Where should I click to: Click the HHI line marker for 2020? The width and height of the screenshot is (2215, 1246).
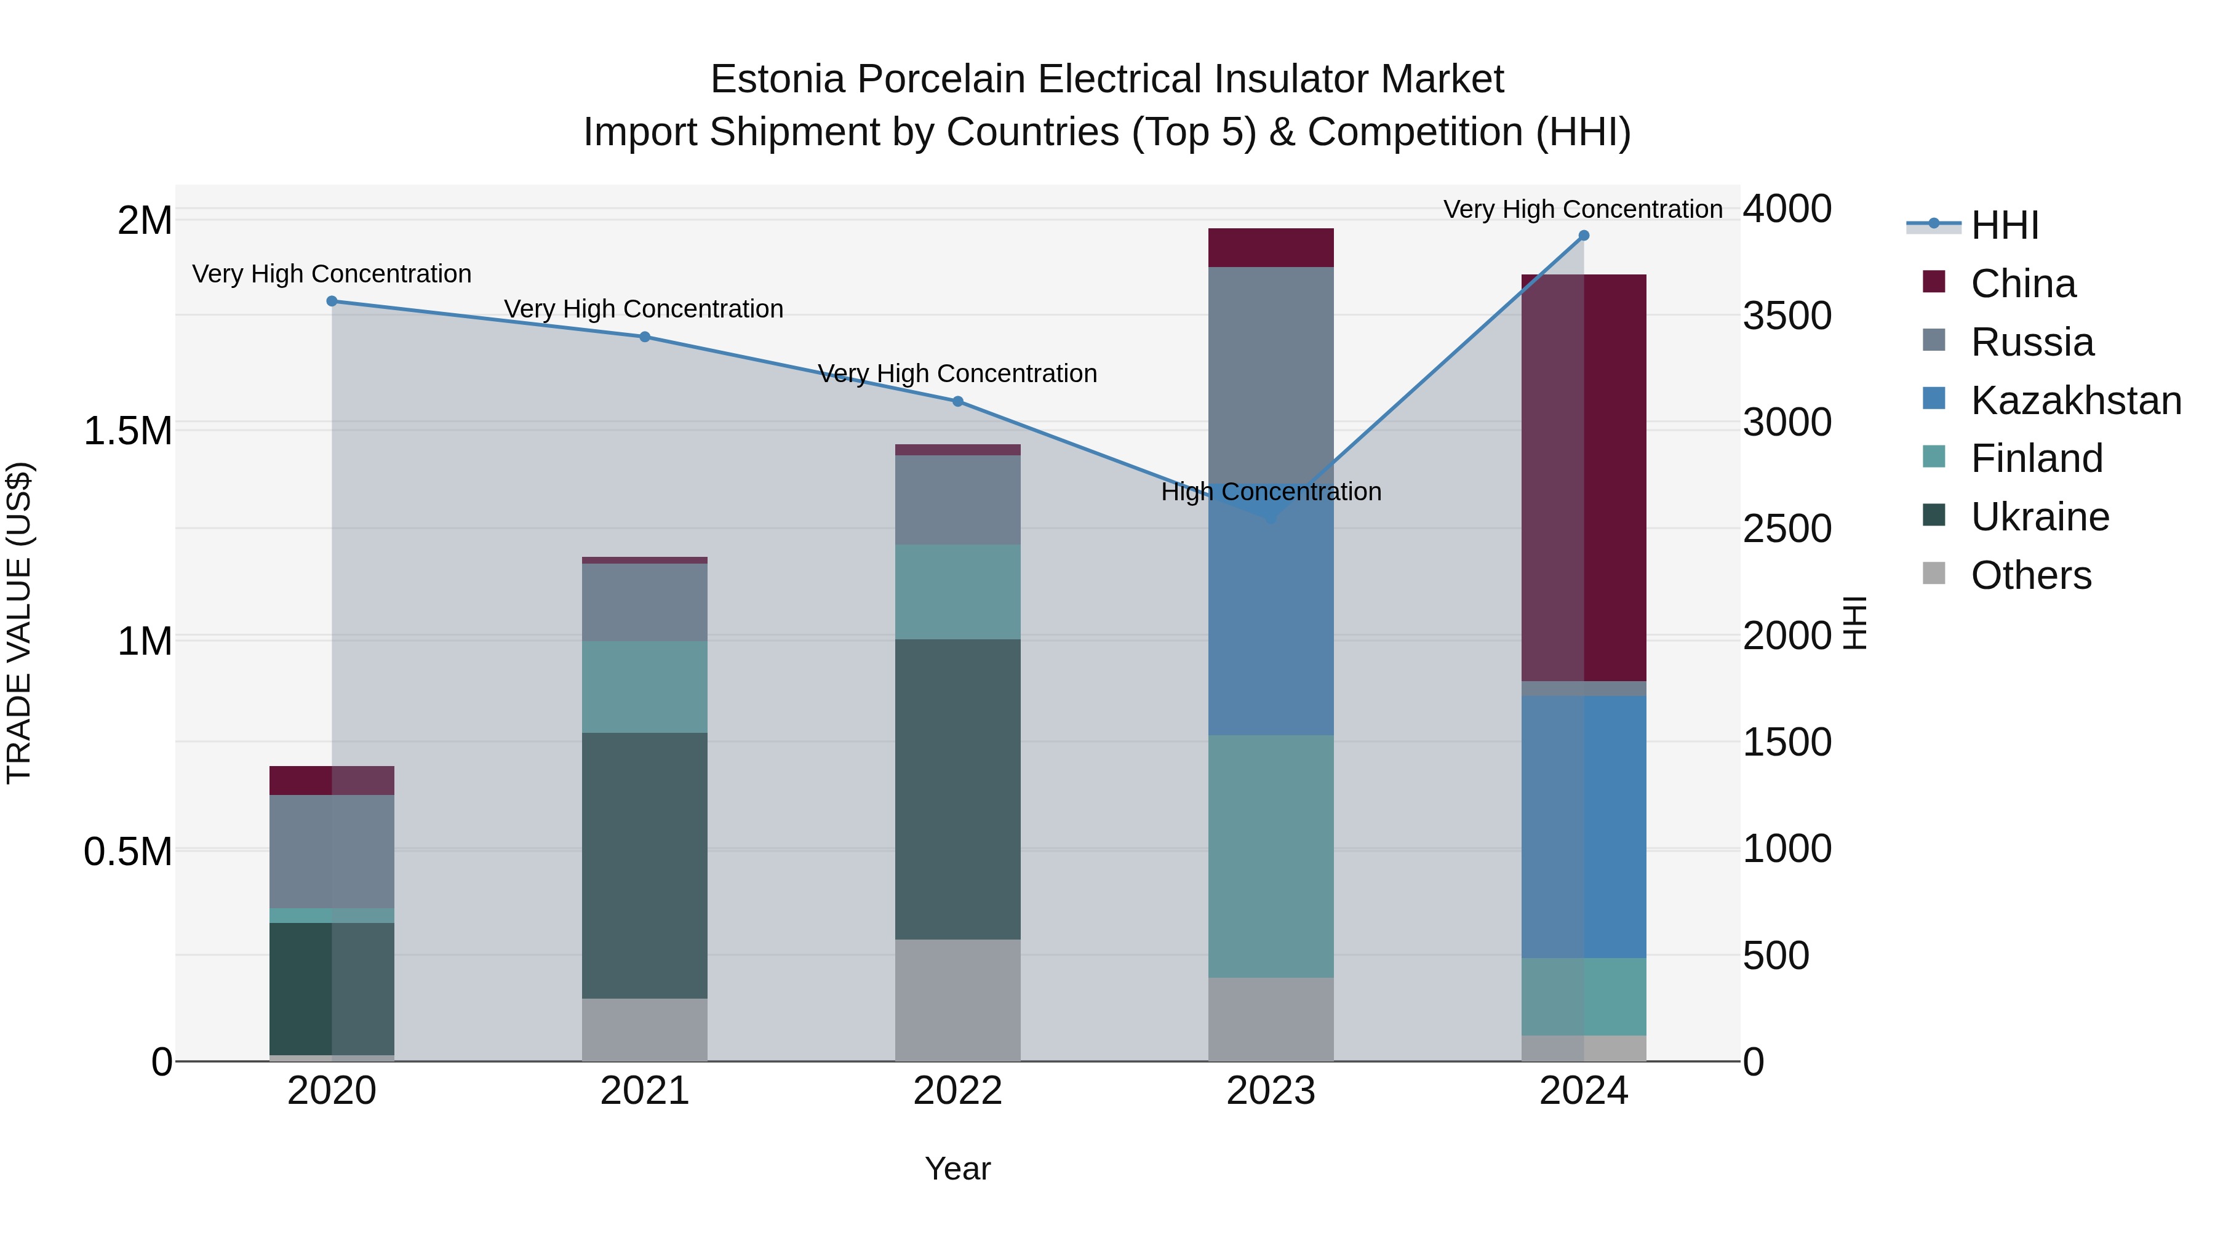click(332, 301)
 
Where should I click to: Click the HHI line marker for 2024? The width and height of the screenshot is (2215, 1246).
click(1584, 236)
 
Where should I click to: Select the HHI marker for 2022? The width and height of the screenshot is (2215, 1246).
click(958, 402)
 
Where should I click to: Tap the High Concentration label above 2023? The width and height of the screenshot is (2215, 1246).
click(1271, 492)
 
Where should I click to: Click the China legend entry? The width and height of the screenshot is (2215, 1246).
click(2022, 284)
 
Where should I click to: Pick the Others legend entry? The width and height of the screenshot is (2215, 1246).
click(2030, 575)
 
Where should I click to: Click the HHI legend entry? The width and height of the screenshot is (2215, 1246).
click(2003, 225)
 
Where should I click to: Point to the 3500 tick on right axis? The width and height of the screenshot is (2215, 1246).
click(1787, 316)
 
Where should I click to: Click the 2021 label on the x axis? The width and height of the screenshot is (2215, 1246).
click(645, 1091)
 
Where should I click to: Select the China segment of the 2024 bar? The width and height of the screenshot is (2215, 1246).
click(1584, 477)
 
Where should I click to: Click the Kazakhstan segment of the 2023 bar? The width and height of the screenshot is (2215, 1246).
click(1271, 619)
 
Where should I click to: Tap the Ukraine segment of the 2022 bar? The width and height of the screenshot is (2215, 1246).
click(958, 789)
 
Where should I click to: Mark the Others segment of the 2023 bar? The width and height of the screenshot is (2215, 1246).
click(1271, 1018)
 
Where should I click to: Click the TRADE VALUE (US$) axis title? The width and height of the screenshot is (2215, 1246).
click(19, 623)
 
